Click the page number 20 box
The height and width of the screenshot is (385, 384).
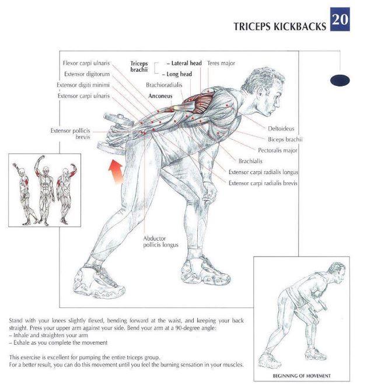click(340, 19)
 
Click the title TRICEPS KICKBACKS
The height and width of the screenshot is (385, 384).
click(280, 26)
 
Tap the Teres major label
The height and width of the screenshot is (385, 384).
click(221, 63)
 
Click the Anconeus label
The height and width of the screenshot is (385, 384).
click(160, 96)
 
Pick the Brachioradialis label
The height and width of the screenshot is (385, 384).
click(164, 85)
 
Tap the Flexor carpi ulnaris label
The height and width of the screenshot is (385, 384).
click(86, 63)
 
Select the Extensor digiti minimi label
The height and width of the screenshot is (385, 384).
click(83, 85)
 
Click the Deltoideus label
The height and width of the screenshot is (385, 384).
click(281, 129)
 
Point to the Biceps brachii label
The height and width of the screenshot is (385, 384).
click(285, 140)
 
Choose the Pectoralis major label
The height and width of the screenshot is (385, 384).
click(278, 150)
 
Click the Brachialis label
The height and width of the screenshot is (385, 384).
click(250, 161)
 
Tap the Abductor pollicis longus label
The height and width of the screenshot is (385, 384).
click(160, 242)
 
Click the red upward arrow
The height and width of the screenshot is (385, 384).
click(116, 171)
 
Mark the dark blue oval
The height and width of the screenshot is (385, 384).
click(340, 81)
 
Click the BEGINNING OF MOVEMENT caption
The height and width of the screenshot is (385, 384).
click(302, 376)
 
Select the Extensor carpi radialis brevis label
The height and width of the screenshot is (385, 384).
click(263, 183)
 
